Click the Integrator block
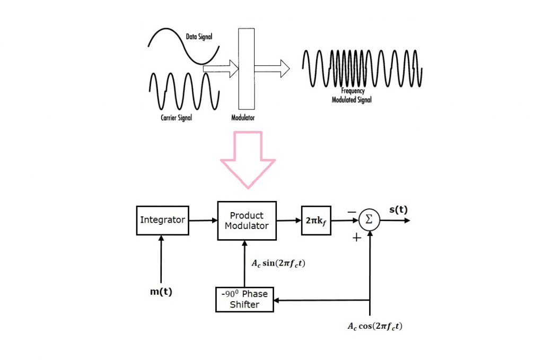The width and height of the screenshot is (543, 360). (x=162, y=220)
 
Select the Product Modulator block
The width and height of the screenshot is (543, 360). (x=247, y=221)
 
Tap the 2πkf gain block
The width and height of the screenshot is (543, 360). (x=316, y=220)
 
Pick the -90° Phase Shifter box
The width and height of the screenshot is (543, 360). (x=244, y=299)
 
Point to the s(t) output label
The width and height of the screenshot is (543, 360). (x=398, y=209)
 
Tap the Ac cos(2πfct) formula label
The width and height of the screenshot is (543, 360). (x=375, y=326)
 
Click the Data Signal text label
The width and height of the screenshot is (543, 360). (x=199, y=37)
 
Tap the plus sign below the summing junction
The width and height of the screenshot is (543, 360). (x=357, y=238)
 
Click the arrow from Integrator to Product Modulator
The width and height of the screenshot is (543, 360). (x=203, y=220)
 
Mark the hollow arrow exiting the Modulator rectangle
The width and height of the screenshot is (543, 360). (x=273, y=68)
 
